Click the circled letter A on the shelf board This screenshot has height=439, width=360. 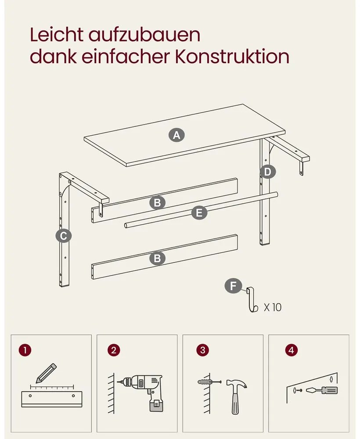click(x=176, y=135)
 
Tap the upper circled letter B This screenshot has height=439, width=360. click(x=157, y=202)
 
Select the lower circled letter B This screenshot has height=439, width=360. click(x=157, y=258)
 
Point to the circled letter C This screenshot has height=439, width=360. click(x=64, y=236)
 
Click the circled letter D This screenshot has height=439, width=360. click(x=268, y=172)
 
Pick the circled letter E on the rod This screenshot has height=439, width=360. click(x=199, y=213)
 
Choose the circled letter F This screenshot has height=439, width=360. click(x=233, y=286)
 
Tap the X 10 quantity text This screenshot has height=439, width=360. click(x=273, y=307)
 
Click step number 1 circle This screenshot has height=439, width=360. click(x=25, y=350)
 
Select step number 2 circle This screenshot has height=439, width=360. click(x=113, y=350)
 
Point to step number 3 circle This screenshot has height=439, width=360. click(x=203, y=350)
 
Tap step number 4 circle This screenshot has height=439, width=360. click(x=292, y=350)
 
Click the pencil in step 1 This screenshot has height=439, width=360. click(x=46, y=373)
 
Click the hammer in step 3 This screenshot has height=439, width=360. click(x=236, y=396)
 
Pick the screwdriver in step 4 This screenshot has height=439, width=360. click(x=322, y=390)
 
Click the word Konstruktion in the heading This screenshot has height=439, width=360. click(x=232, y=56)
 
